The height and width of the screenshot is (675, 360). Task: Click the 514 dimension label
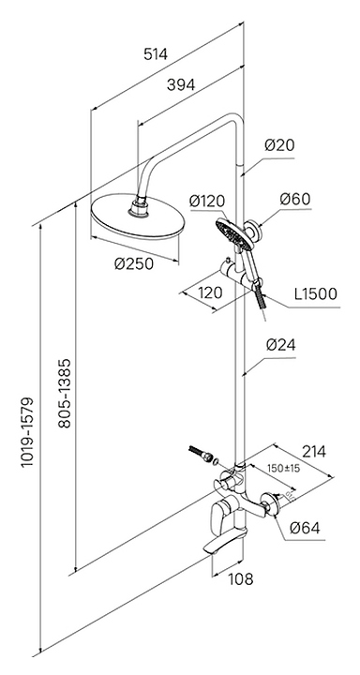tap(155, 54)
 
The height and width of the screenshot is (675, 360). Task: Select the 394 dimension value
tap(181, 85)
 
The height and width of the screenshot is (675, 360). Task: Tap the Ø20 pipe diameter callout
tap(279, 145)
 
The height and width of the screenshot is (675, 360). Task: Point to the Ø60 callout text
tap(294, 199)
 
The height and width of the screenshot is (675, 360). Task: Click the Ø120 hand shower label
tap(206, 201)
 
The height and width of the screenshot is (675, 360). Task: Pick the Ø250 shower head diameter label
tap(134, 263)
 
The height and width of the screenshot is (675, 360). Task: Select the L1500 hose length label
tap(316, 293)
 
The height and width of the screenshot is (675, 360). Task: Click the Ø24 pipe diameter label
tap(280, 345)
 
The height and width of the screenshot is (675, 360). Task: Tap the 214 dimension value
tap(313, 452)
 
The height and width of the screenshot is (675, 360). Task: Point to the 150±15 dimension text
tap(283, 468)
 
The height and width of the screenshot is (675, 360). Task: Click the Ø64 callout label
tap(305, 528)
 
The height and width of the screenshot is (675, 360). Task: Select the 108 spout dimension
tap(240, 579)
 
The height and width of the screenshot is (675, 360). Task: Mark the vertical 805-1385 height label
tap(64, 393)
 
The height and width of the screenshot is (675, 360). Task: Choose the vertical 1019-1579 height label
tap(27, 432)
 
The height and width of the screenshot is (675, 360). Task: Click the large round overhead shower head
tap(138, 217)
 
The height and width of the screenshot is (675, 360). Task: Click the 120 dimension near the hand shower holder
tap(210, 293)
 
